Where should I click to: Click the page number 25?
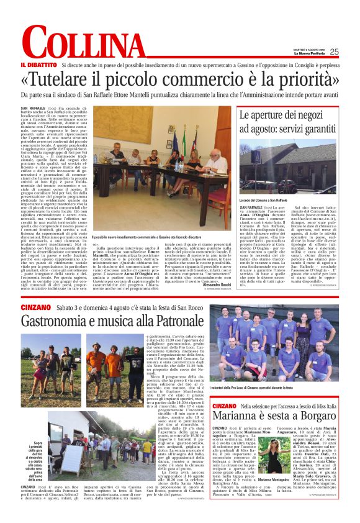tap(334, 52)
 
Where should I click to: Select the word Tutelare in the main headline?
tap(79, 81)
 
